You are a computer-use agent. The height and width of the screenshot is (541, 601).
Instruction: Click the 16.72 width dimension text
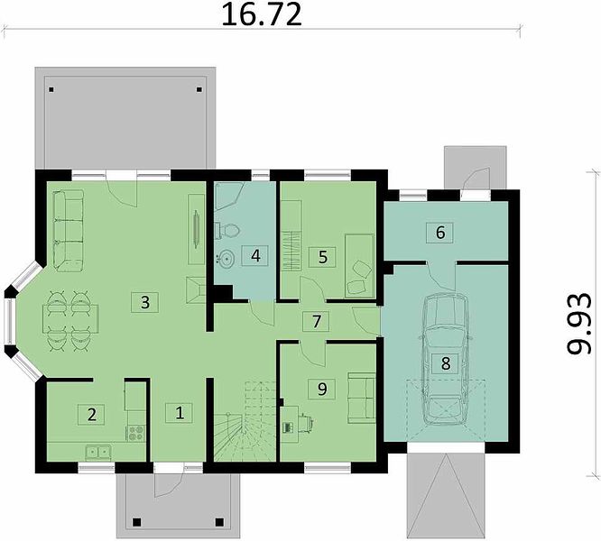point(262,14)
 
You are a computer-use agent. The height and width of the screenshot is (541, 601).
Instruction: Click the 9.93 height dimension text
point(578,324)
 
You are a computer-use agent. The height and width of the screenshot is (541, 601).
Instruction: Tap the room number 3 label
point(145,302)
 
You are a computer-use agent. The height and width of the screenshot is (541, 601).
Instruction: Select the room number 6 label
point(440,233)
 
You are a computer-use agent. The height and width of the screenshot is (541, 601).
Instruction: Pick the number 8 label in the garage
point(446,363)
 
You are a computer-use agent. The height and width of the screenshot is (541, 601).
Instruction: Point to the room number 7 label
point(316,322)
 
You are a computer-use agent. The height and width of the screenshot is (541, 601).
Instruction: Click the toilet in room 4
point(228,231)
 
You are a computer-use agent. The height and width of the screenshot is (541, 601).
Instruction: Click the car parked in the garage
point(446,359)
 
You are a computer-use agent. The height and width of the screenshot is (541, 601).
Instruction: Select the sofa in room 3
point(69,231)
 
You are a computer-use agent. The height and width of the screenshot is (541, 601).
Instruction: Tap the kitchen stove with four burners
point(136,434)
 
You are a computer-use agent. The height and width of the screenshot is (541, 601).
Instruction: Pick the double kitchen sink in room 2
point(98,453)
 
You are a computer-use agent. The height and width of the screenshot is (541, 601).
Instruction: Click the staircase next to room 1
point(245,421)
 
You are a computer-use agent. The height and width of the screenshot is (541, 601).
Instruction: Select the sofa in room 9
point(361,399)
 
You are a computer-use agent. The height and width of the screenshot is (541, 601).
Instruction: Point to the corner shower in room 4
point(229,197)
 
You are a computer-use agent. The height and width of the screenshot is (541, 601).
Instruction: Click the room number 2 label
point(91,414)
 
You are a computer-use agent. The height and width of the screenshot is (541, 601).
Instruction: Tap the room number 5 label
point(322,257)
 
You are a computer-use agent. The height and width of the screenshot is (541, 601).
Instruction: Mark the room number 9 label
point(322,389)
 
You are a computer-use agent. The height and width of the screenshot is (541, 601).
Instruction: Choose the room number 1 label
point(180,413)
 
